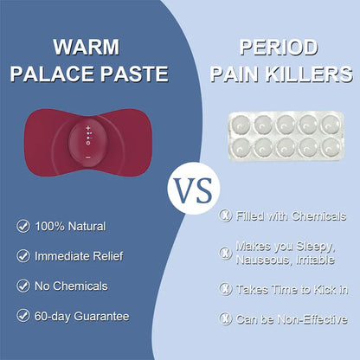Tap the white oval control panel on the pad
pos(88,134)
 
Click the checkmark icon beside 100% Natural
pos(22,226)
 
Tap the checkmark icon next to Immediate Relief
pos(22,255)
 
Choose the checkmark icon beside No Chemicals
pos(22,286)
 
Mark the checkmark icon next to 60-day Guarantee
pos(22,316)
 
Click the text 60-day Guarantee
pos(81,316)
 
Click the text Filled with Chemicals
pos(291,215)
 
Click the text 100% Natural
pos(70,226)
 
